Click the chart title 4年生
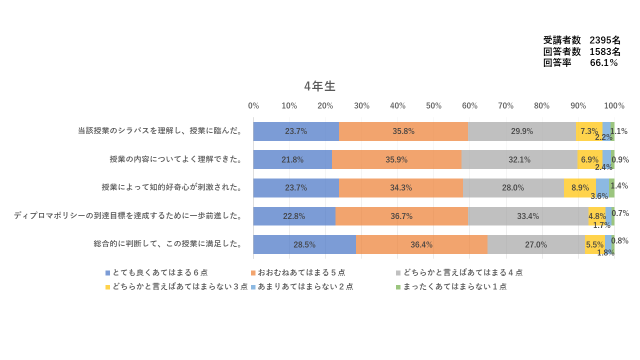pyautogui.click(x=320, y=86)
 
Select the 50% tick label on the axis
pyautogui.click(x=433, y=106)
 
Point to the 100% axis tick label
pyautogui.click(x=614, y=106)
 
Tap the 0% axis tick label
pyautogui.click(x=253, y=106)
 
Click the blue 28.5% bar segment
pyautogui.click(x=304, y=244)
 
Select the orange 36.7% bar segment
pyautogui.click(x=401, y=216)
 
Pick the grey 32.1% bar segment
pyautogui.click(x=519, y=159)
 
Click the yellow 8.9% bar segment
pyautogui.click(x=579, y=188)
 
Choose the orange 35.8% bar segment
pyautogui.click(x=403, y=131)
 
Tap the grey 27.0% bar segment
pyautogui.click(x=535, y=244)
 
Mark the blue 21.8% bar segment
pyautogui.click(x=292, y=159)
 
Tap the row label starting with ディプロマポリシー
pyautogui.click(x=128, y=216)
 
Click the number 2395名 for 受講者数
pyautogui.click(x=605, y=40)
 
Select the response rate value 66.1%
pyautogui.click(x=604, y=63)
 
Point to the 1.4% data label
pyautogui.click(x=619, y=185)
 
